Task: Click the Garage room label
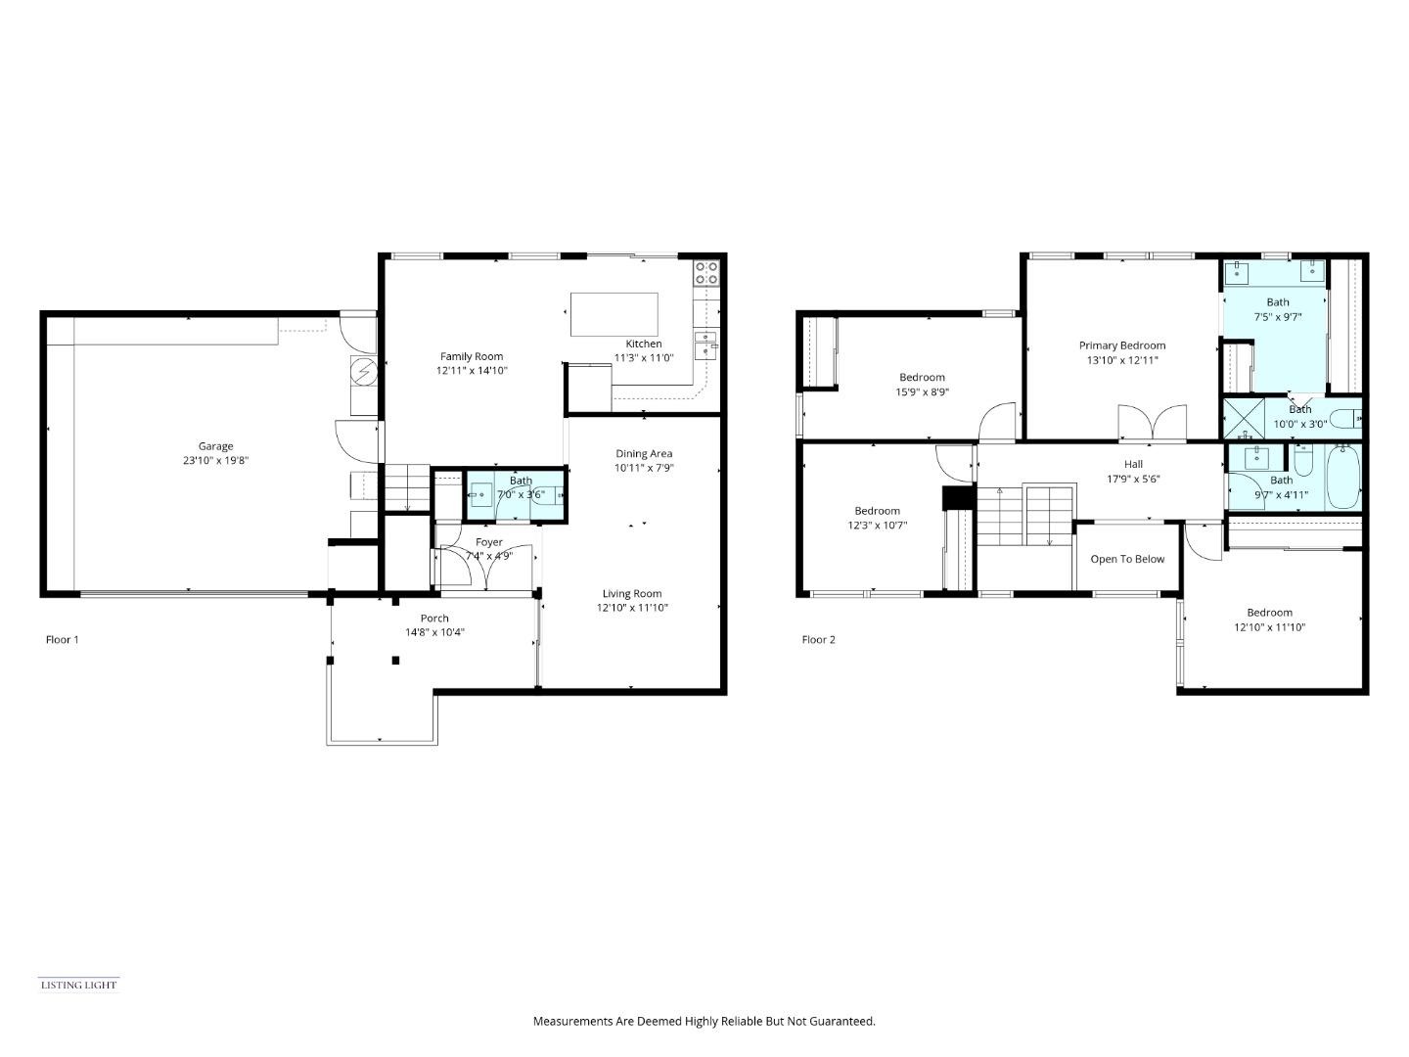tap(215, 446)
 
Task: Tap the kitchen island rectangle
tap(614, 314)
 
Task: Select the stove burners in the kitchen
tap(705, 272)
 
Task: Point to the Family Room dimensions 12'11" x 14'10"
tap(472, 371)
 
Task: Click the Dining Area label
tap(644, 453)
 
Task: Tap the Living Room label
tap(631, 593)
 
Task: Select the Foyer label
tap(488, 542)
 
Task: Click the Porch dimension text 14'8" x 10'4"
tap(434, 632)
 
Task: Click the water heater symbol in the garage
tap(364, 372)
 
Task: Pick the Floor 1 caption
tap(62, 640)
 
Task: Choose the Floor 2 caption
tap(819, 640)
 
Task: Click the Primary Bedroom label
tap(1121, 345)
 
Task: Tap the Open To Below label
tap(1127, 559)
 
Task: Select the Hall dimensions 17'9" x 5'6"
tap(1133, 480)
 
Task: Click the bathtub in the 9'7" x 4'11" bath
tap(1342, 477)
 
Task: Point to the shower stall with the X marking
tap(1244, 418)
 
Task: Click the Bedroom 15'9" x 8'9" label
tap(922, 378)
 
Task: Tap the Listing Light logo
tap(78, 985)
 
